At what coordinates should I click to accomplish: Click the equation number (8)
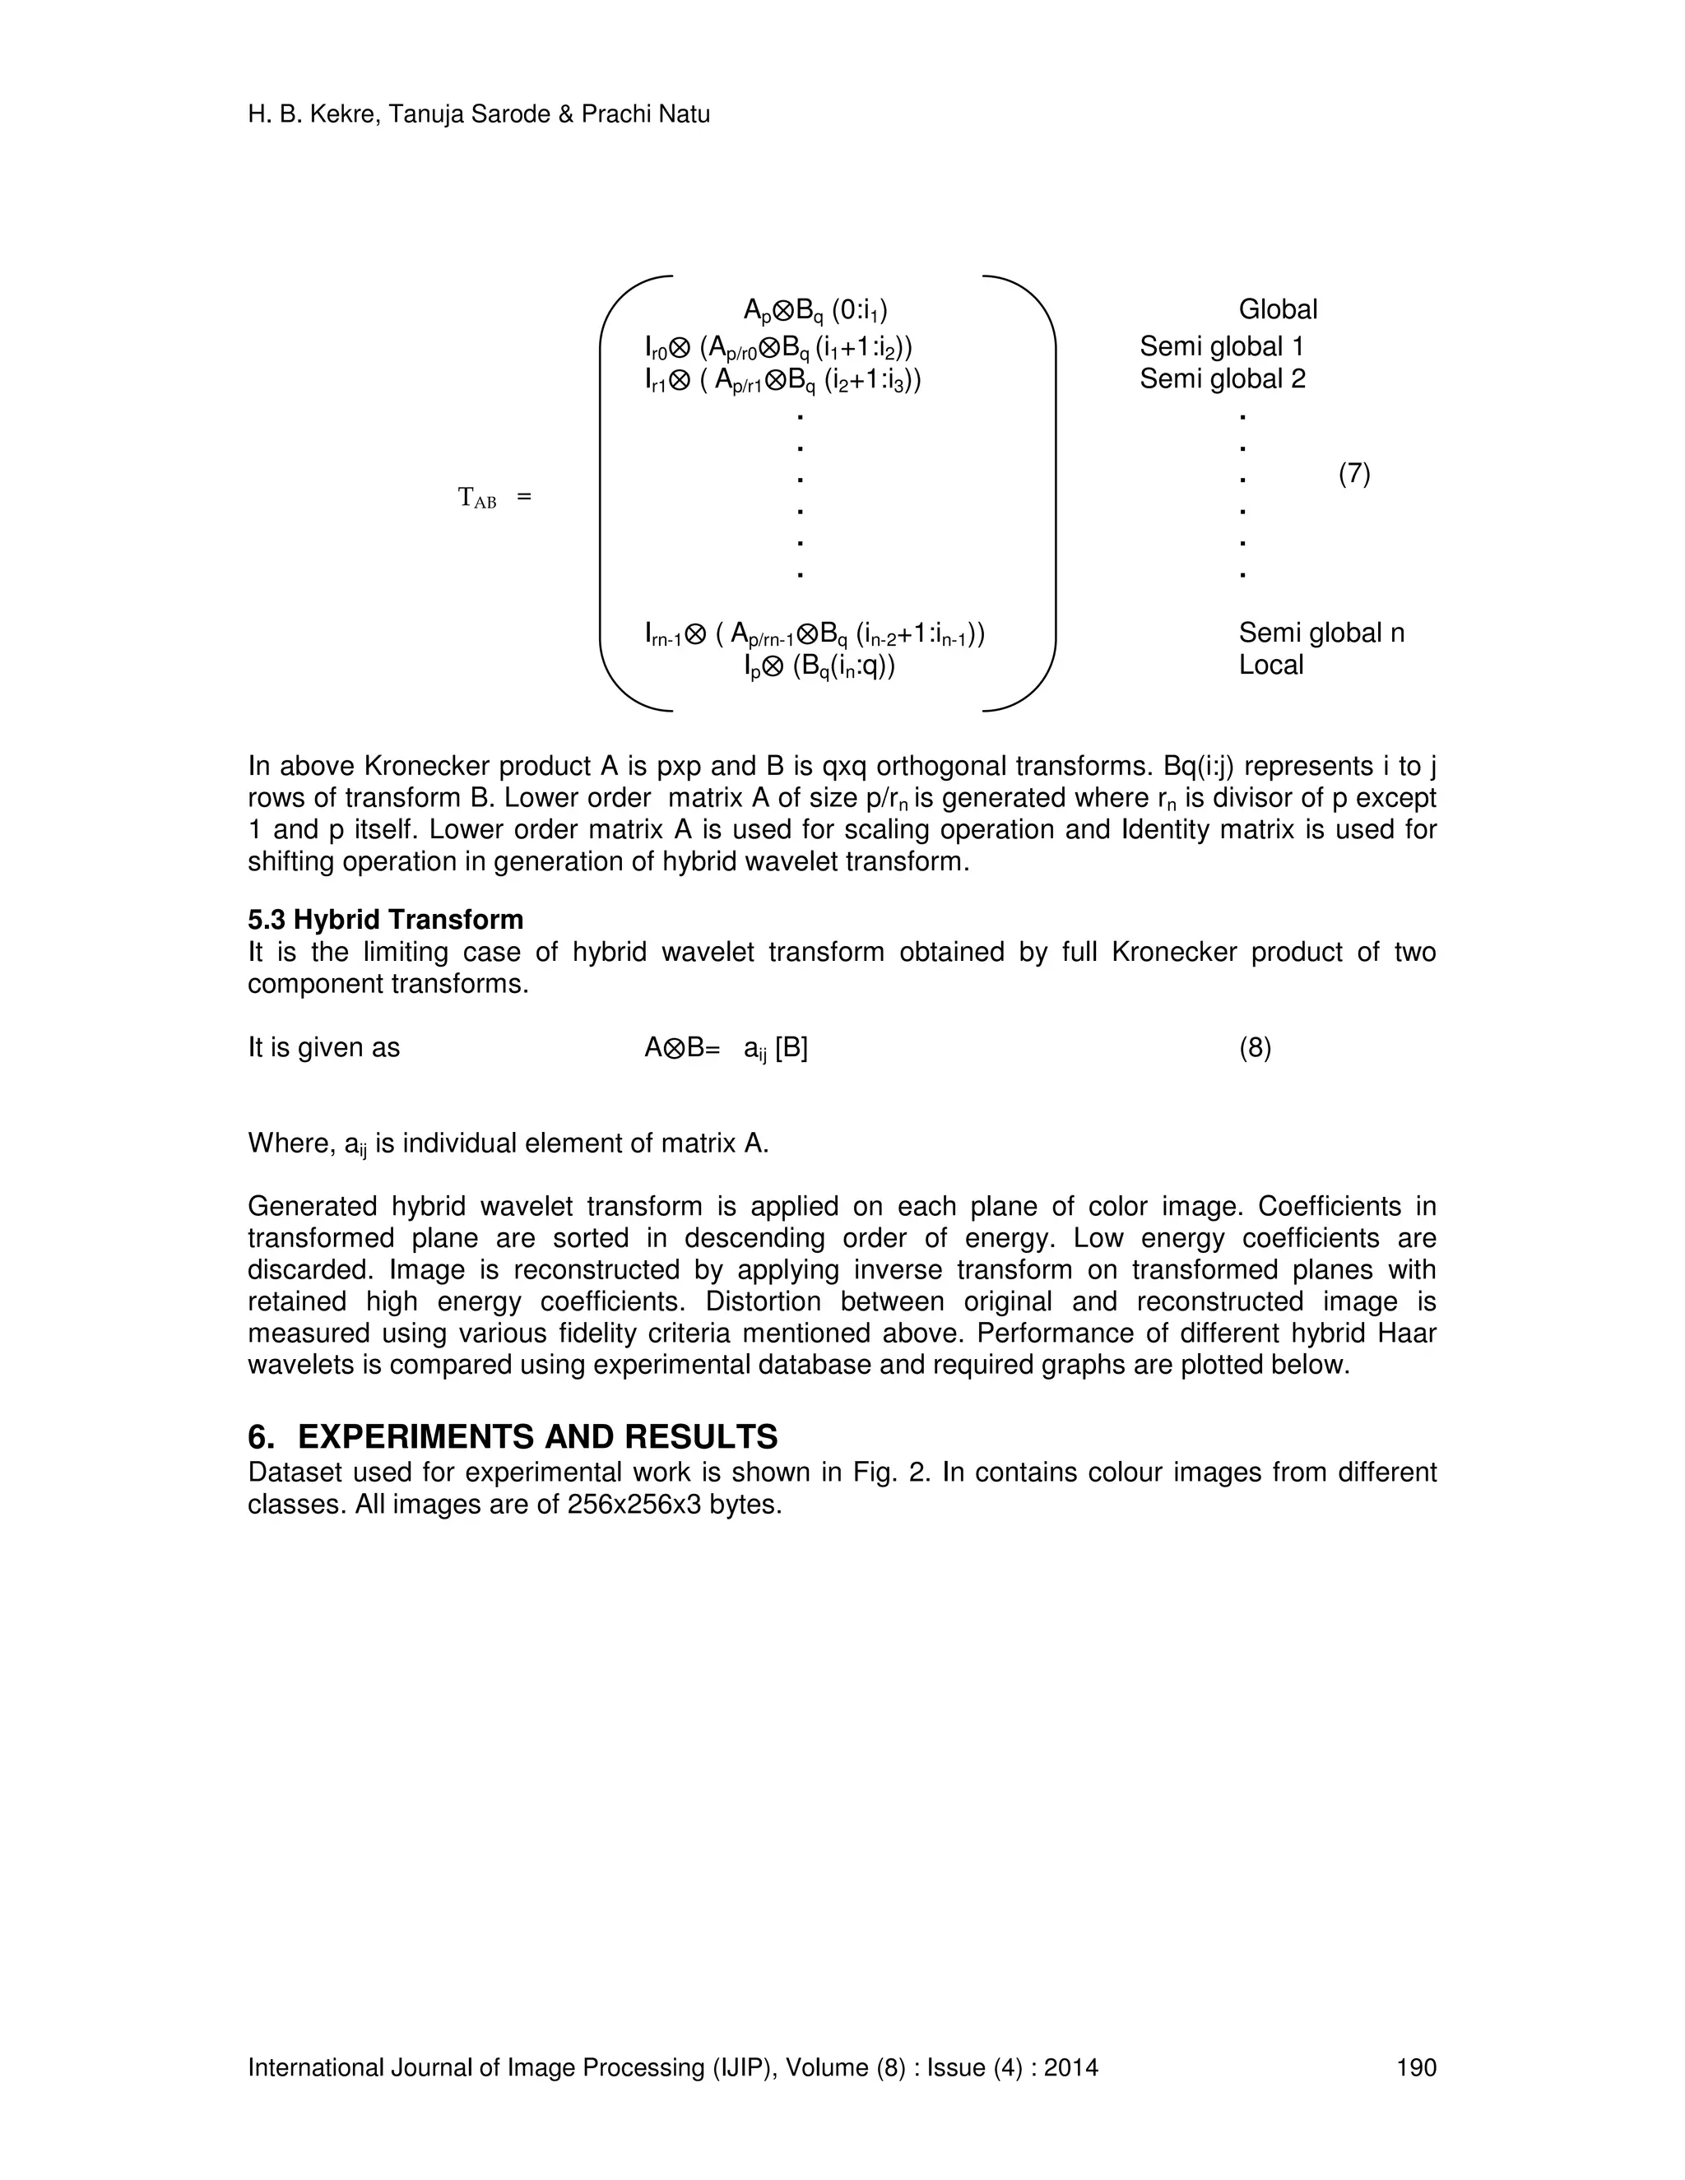click(1255, 1048)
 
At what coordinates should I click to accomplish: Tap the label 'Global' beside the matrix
click(1278, 309)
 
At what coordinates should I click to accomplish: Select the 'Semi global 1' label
click(1222, 346)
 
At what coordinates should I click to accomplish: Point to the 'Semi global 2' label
click(1222, 379)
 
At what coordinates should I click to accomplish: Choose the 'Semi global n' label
click(1321, 633)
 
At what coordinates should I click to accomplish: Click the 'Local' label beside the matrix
click(1270, 665)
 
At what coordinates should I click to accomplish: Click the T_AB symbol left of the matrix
click(477, 497)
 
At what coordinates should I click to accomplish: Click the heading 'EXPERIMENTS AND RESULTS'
click(537, 1436)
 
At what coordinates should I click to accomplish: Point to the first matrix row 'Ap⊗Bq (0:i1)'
click(815, 310)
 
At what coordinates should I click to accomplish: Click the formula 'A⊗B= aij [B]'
click(726, 1049)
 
